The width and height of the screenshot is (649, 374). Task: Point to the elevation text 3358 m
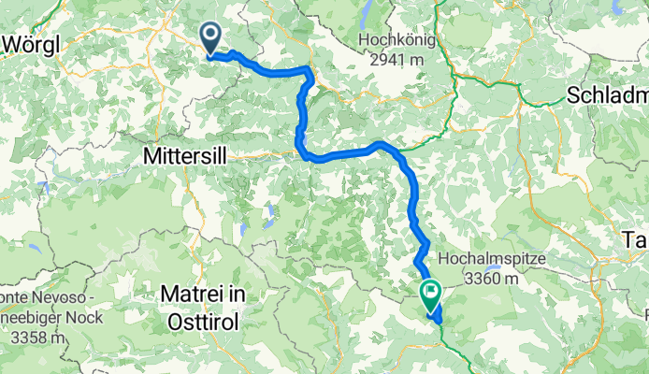[x=32, y=336]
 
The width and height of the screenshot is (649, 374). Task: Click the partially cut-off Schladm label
[x=607, y=94]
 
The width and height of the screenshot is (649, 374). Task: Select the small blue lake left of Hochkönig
[x=366, y=10]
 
